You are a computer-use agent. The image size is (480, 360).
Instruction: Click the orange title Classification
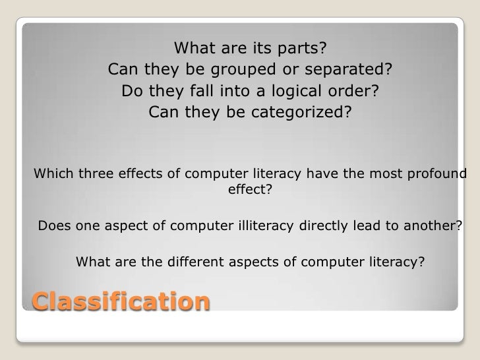[121, 303]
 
